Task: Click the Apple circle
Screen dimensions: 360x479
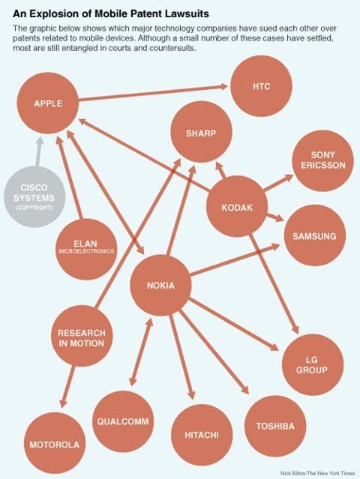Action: pyautogui.click(x=48, y=103)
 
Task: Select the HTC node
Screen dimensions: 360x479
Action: pyautogui.click(x=261, y=86)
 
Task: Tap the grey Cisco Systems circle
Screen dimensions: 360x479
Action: pyautogui.click(x=34, y=196)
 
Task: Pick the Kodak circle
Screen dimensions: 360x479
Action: pyautogui.click(x=237, y=206)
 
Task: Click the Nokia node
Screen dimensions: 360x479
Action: pyautogui.click(x=160, y=286)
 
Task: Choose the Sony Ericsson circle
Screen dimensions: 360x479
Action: pyautogui.click(x=322, y=160)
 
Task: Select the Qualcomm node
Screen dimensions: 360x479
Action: pyautogui.click(x=123, y=421)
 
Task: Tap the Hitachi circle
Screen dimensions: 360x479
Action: pyautogui.click(x=202, y=435)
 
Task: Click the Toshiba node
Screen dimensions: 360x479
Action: pyautogui.click(x=275, y=426)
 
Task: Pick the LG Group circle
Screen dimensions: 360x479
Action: pyautogui.click(x=312, y=364)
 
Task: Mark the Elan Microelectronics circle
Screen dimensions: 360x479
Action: pyautogui.click(x=86, y=249)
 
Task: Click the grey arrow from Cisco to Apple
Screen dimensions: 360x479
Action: pyautogui.click(x=38, y=151)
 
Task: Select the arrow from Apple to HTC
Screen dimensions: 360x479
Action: pyautogui.click(x=154, y=93)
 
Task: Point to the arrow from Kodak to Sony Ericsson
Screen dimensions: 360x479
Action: pyautogui.click(x=278, y=182)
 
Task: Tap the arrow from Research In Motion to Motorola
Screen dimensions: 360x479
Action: pyautogui.click(x=67, y=387)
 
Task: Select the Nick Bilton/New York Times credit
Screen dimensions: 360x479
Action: pyautogui.click(x=318, y=473)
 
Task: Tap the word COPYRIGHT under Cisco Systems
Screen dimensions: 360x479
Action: pyautogui.click(x=34, y=208)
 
